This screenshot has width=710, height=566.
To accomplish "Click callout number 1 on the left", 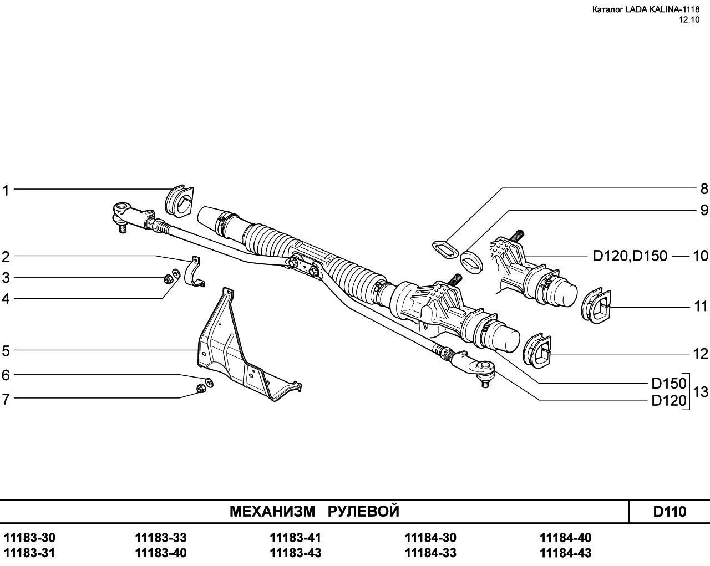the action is (x=6, y=191).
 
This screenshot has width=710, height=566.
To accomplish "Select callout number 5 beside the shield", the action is (x=6, y=351).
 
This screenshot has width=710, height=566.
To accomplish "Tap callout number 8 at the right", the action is (x=704, y=189).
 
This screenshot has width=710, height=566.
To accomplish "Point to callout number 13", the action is (x=701, y=392).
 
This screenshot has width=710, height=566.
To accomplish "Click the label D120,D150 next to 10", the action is (x=630, y=256).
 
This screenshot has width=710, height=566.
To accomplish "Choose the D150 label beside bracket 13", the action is (x=669, y=383).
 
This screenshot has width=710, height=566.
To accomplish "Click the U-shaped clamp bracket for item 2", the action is (x=195, y=272).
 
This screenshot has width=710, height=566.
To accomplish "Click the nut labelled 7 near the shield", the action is (x=200, y=388).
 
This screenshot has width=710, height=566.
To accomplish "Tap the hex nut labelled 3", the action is (x=168, y=279).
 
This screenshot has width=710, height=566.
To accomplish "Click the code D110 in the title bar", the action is (x=670, y=512).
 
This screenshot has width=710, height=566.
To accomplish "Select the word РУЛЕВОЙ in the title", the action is (x=363, y=512).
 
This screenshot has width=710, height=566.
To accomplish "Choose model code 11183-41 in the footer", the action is (x=295, y=538).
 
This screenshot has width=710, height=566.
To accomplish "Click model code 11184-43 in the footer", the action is (x=565, y=553).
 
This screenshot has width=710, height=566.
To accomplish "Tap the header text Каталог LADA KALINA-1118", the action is (x=646, y=9).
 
